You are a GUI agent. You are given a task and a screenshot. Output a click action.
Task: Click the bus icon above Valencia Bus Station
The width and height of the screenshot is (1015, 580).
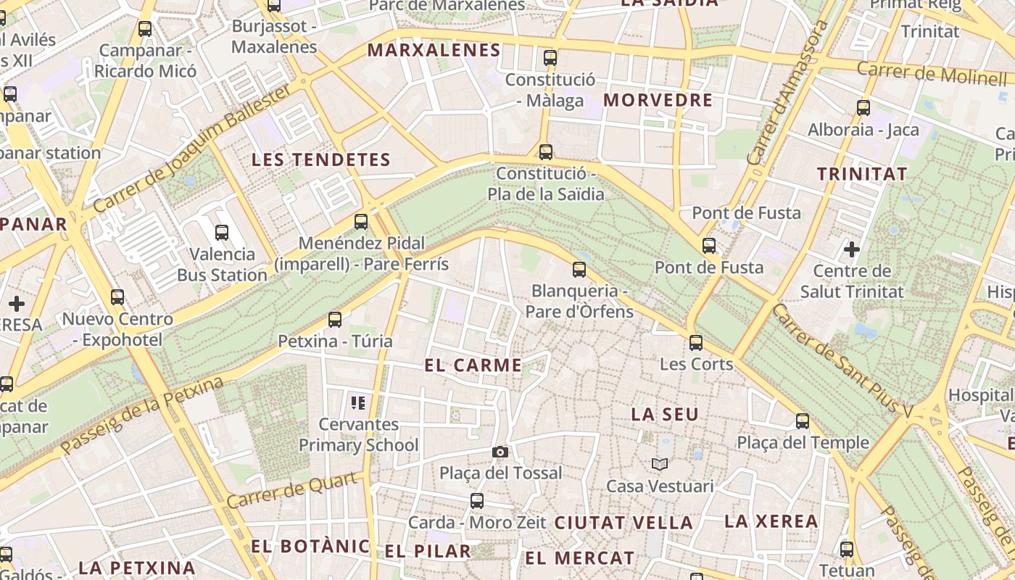coord(222,233)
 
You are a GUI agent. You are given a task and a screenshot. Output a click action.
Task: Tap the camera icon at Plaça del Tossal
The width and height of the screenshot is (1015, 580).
coord(500,452)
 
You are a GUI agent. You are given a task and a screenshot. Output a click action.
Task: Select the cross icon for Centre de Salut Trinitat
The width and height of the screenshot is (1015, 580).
coord(852,250)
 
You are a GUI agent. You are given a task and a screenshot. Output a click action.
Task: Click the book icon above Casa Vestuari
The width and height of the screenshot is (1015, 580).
coord(659,464)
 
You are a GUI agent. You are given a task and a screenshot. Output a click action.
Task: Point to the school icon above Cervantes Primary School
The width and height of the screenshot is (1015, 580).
coord(357,402)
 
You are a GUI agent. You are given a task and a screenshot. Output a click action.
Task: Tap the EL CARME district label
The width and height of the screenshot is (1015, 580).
coord(473,365)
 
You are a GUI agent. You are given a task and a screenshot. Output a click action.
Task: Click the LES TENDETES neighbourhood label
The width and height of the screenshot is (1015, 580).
coord(321,160)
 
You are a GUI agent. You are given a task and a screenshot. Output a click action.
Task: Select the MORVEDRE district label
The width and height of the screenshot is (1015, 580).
coord(658,100)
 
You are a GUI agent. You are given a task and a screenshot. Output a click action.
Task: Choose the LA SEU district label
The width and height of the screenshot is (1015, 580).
coord(665,415)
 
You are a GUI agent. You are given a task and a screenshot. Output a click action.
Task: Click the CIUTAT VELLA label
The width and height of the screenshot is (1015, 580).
coord(623,522)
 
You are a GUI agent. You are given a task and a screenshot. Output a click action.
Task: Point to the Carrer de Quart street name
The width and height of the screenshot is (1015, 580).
coord(293,491)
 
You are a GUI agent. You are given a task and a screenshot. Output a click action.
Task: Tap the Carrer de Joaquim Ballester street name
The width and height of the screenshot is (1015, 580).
coord(192,149)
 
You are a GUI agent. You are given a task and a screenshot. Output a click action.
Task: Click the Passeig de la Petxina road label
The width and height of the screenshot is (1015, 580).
coord(142,415)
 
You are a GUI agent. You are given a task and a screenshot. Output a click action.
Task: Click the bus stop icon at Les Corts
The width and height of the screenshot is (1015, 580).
coord(696,343)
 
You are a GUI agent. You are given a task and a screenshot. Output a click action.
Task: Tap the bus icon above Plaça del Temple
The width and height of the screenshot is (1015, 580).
coord(803,421)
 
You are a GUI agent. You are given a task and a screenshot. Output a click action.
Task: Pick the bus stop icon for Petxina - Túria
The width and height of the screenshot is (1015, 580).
coord(335,319)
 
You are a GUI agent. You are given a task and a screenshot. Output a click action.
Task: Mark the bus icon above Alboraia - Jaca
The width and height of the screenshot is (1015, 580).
coord(863,108)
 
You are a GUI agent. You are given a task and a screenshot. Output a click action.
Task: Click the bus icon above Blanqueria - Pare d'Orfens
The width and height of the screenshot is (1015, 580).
coord(579,270)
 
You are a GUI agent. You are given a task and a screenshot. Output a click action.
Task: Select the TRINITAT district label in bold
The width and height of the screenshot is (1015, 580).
coord(862,174)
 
